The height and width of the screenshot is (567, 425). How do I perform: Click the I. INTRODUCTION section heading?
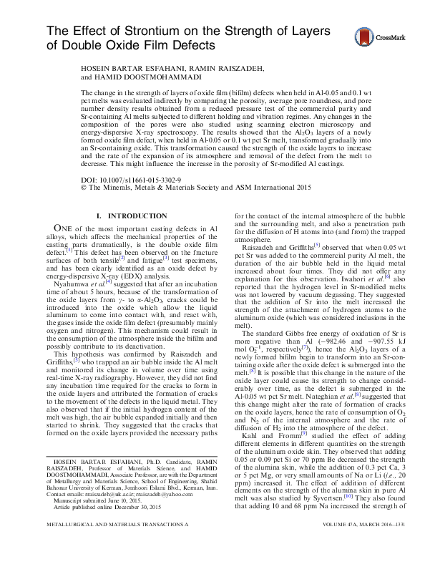131,215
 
